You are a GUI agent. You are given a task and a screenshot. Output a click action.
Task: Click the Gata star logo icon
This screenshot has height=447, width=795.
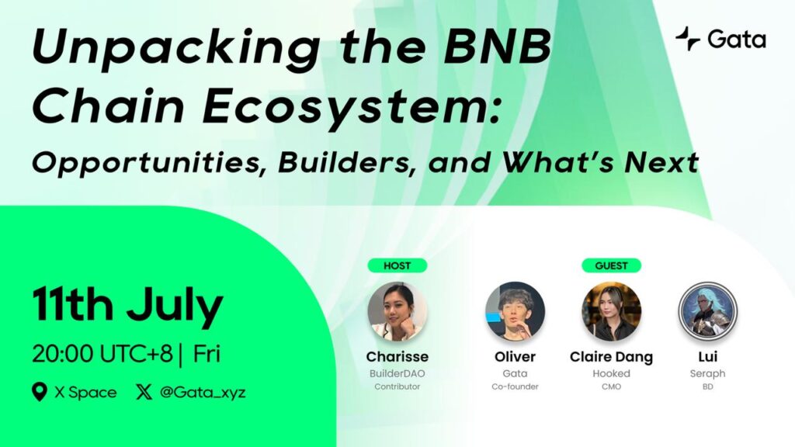(688, 39)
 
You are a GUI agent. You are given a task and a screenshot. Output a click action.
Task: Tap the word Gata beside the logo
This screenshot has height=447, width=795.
(737, 40)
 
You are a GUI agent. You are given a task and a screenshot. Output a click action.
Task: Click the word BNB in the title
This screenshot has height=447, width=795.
(498, 47)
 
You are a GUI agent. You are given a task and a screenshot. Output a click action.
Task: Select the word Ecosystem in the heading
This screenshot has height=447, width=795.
(347, 107)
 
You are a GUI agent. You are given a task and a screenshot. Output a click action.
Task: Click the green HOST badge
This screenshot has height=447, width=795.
(397, 265)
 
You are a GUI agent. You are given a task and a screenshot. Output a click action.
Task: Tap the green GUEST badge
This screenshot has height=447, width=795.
(611, 265)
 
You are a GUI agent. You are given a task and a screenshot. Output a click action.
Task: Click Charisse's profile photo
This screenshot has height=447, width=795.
(397, 312)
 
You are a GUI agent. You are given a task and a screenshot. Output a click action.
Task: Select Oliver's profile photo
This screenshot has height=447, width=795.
(516, 312)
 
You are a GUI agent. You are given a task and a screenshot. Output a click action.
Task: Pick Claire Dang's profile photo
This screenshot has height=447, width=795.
(612, 312)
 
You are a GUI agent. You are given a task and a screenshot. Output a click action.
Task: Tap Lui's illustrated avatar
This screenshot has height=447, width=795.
(708, 312)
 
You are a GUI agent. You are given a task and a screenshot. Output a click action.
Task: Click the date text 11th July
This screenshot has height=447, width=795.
(128, 306)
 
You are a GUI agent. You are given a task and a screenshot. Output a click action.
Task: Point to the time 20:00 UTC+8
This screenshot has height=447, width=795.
(102, 354)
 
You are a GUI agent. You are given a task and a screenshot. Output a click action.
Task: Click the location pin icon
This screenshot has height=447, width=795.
(40, 392)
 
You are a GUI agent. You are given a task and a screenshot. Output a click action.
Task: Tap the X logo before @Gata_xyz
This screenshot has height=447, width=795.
(144, 392)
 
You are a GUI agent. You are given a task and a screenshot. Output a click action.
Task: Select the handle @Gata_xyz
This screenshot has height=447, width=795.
(203, 392)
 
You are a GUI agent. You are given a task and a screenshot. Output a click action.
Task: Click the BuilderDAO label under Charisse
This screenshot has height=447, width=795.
(397, 373)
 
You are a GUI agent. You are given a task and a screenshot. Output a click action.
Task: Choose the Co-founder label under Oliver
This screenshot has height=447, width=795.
(516, 386)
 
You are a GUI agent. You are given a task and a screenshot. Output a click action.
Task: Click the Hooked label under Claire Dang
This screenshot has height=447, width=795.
(612, 373)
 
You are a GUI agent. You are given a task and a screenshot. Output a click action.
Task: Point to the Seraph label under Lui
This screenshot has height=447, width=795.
(708, 373)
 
